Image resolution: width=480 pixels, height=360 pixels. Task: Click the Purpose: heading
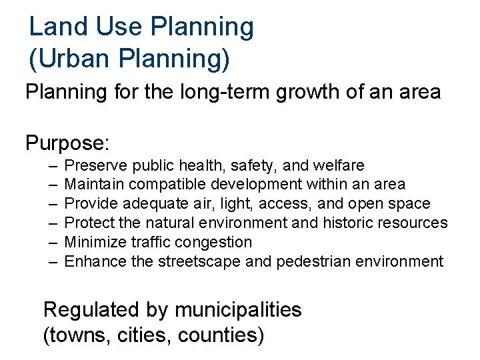click(x=67, y=143)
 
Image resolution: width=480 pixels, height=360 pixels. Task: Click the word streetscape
click(x=199, y=261)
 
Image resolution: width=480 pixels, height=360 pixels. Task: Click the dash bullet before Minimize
click(x=53, y=242)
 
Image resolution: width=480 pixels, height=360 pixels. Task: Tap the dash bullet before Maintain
click(x=53, y=184)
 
